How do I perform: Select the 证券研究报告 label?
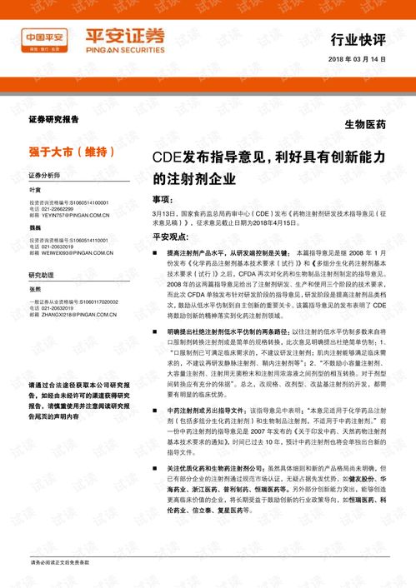(x=53, y=120)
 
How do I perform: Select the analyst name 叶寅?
(x=35, y=190)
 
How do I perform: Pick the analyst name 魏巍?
(x=35, y=227)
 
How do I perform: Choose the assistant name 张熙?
(x=35, y=288)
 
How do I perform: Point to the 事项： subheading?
(x=163, y=200)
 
